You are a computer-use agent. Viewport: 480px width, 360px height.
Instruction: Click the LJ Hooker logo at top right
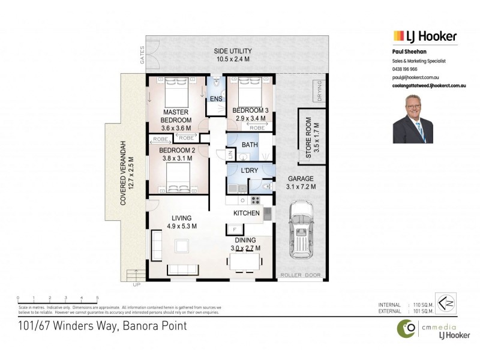[425, 36]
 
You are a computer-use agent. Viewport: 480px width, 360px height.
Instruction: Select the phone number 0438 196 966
[405, 70]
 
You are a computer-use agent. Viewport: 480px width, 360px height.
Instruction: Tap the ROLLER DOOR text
[301, 275]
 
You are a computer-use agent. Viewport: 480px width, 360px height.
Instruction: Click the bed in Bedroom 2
[179, 178]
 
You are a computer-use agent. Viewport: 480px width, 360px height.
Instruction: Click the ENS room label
[215, 98]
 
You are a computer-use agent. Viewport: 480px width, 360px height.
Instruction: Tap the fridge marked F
[233, 229]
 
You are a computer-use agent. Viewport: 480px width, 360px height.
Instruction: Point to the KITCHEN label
[247, 213]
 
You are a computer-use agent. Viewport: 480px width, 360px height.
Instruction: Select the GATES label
[142, 55]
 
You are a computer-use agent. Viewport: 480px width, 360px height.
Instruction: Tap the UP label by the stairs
[136, 284]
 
